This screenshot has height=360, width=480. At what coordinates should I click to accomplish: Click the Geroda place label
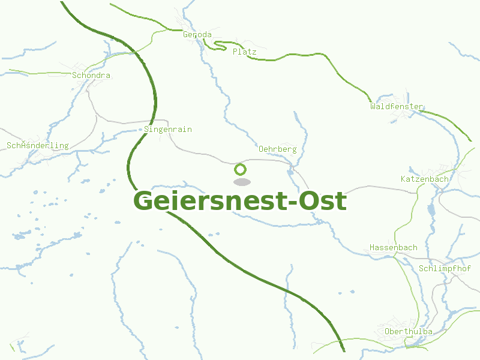[x=197, y=35]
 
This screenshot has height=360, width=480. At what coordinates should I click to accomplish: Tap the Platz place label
[x=244, y=52]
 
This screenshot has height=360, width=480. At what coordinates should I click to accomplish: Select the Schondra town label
[x=91, y=76]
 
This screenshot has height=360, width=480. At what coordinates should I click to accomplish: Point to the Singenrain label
[x=168, y=129]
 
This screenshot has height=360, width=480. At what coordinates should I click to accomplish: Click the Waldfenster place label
[x=397, y=106]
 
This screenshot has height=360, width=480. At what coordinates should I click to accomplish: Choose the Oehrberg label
[x=277, y=149]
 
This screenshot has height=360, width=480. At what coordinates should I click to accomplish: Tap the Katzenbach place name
[x=424, y=179]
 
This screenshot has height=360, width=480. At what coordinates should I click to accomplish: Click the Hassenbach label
[x=393, y=247]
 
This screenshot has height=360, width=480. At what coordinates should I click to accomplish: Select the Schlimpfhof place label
[x=445, y=268]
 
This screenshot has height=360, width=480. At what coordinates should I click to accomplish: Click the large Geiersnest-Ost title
[x=240, y=200]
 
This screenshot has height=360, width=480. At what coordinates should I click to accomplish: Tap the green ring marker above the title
[x=241, y=169]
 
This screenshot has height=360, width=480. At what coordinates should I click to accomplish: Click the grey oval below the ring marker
[x=241, y=182]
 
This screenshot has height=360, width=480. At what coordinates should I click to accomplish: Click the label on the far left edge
[x=37, y=146]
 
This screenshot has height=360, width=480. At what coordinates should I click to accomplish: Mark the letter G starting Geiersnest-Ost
[x=144, y=200]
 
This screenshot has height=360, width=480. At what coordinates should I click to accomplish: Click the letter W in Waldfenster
[x=373, y=106]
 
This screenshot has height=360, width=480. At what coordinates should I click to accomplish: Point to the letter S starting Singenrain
[x=147, y=129]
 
